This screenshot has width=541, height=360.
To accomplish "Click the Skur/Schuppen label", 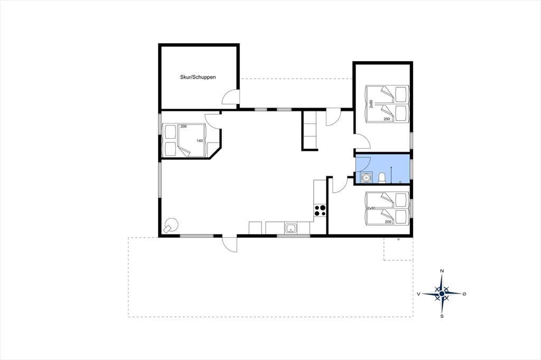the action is (x=198, y=77).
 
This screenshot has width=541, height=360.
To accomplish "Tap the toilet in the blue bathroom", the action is (x=382, y=178).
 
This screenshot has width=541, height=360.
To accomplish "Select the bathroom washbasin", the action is (x=366, y=177).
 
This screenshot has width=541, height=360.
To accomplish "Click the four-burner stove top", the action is (x=320, y=210).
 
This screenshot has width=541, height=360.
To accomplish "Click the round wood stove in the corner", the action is (x=171, y=225).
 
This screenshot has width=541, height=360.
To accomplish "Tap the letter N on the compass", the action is (x=442, y=271).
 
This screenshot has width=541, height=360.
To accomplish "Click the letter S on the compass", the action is (x=442, y=316).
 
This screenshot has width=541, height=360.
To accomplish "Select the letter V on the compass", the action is (x=418, y=294).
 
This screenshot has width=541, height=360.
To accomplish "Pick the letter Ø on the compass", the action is (x=464, y=294).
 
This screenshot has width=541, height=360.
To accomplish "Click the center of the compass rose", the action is (x=442, y=294).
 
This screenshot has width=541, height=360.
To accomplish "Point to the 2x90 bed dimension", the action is (x=371, y=104).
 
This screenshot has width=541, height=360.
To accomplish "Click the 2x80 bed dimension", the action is (x=371, y=209).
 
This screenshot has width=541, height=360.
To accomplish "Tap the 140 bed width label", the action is (x=200, y=141).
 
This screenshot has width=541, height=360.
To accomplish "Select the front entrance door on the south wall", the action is (x=230, y=244).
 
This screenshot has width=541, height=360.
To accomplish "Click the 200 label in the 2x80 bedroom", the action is (x=388, y=222).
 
